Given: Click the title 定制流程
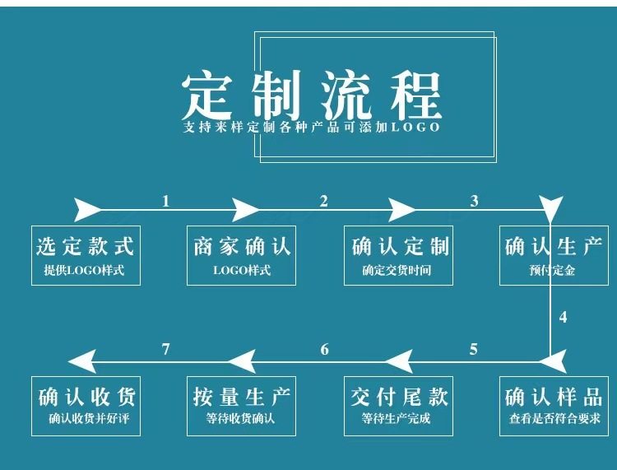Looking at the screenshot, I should [312, 94].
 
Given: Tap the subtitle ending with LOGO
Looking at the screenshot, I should [312, 128].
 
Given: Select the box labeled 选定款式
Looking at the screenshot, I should [85, 255].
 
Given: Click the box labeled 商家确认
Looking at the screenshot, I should [242, 255].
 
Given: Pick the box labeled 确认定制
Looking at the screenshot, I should [398, 255].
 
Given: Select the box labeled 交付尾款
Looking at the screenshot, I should [398, 406].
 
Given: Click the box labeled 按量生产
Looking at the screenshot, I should [242, 406].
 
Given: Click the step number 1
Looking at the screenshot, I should [166, 200].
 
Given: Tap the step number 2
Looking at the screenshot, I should [323, 200].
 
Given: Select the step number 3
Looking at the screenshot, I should [474, 200].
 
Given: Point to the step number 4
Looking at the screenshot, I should [563, 317].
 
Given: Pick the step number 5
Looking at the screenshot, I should [474, 349].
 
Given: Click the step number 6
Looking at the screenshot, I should [324, 350].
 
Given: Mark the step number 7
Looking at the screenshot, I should [166, 350].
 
